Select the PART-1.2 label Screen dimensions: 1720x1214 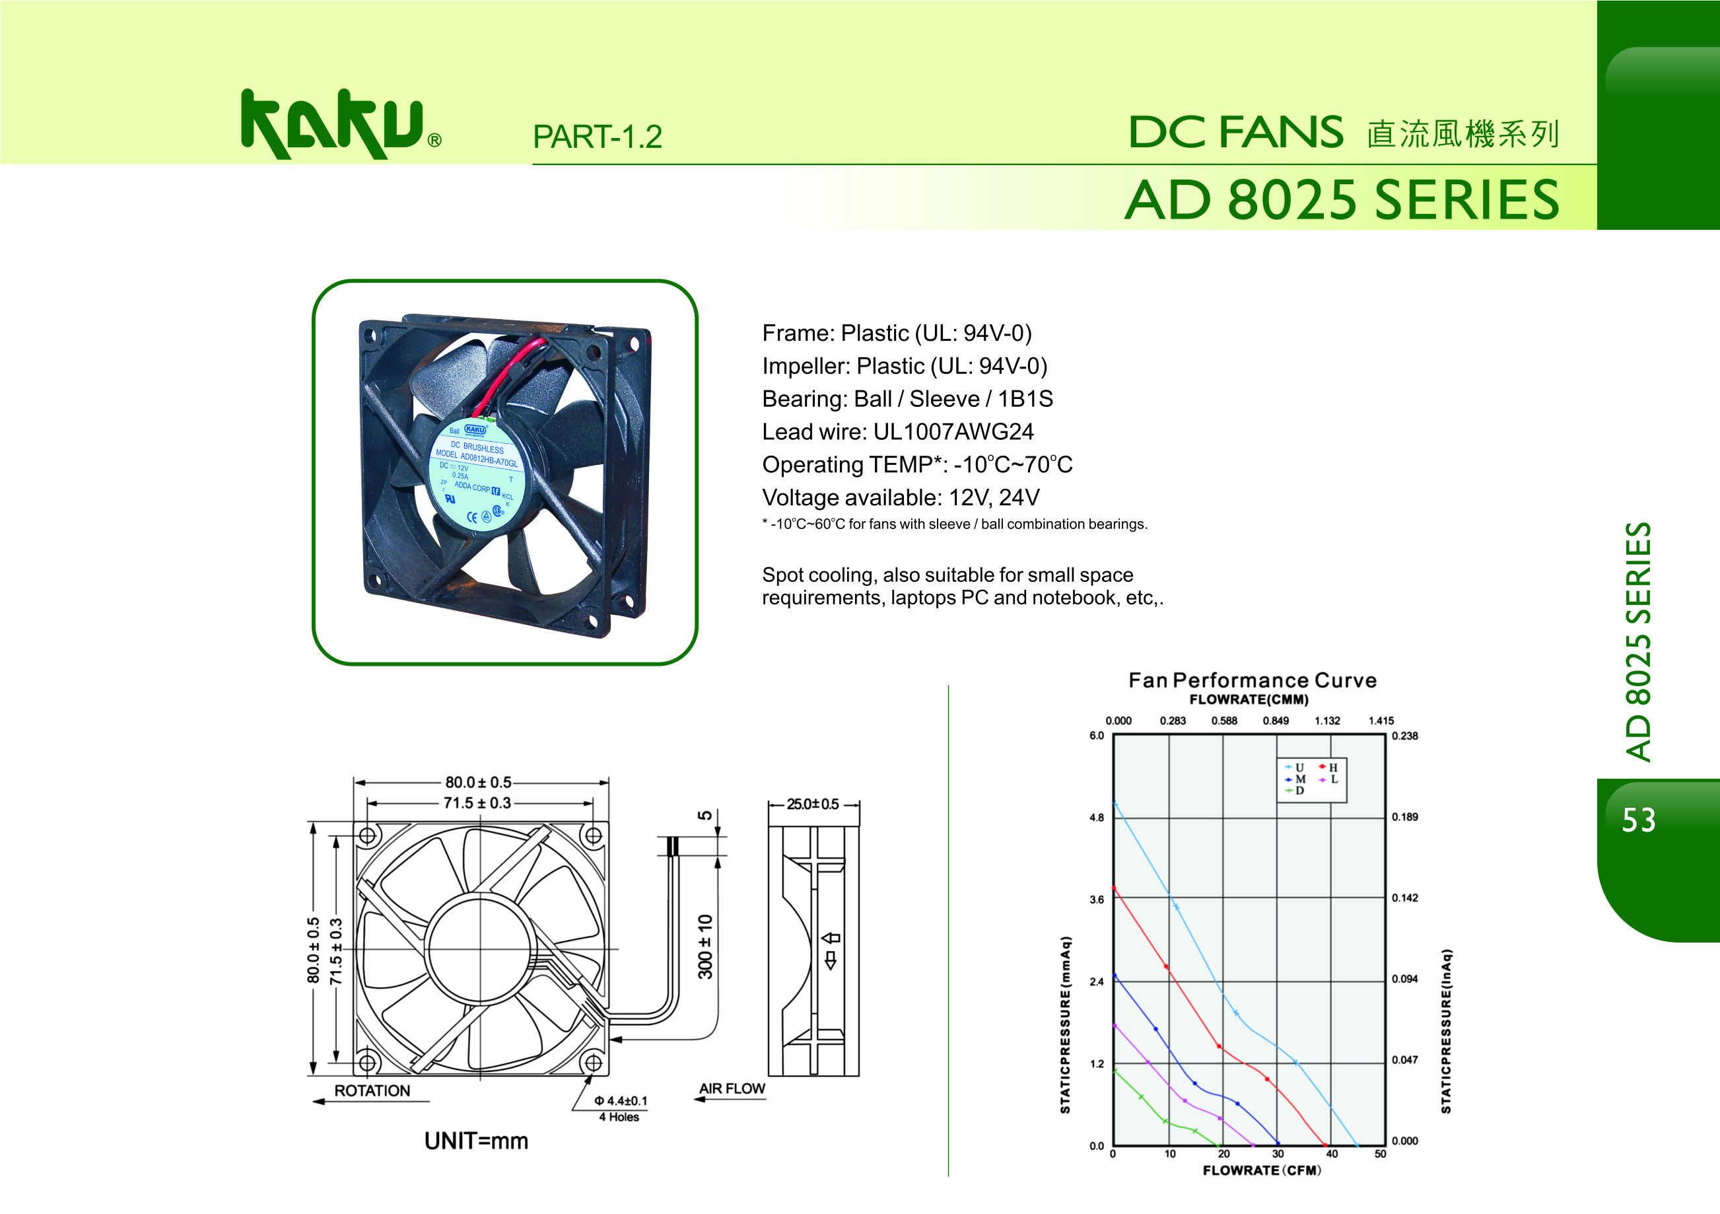pos(597,136)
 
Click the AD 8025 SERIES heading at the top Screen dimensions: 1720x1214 pos(1342,200)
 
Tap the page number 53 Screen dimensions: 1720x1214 pos(1638,820)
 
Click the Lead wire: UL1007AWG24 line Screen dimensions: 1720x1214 pos(897,432)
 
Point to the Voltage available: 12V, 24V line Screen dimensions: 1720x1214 pos(901,497)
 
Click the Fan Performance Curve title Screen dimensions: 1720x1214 pos(1253,680)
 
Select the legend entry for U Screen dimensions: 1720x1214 pos(1295,768)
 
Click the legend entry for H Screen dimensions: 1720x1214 pos(1328,768)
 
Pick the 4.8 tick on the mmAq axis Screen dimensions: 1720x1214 pos(1097,818)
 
